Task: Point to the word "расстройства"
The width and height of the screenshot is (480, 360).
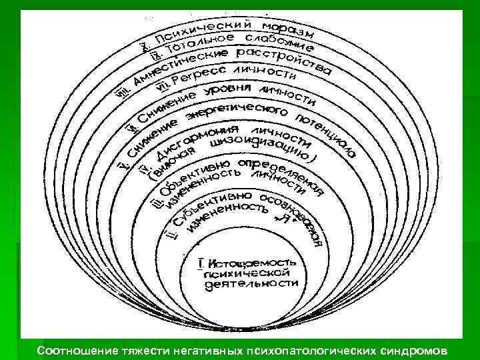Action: (293, 60)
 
